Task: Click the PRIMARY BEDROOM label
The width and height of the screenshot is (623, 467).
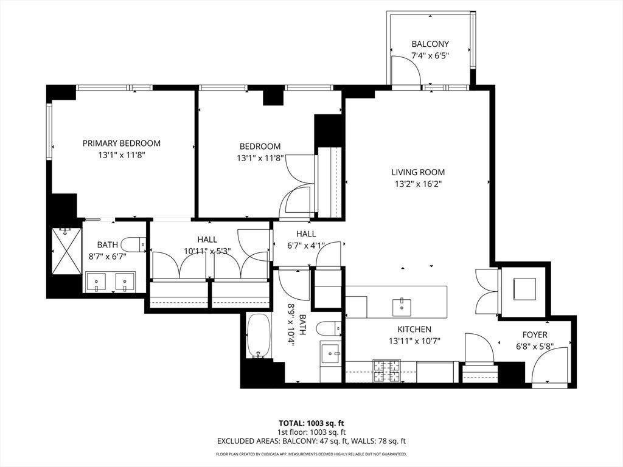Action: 122,144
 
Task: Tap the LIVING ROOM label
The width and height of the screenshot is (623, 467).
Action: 418,172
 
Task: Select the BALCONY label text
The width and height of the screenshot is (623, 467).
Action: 430,44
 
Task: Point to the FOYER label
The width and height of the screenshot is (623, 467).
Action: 535,335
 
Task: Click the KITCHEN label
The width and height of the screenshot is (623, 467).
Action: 414,330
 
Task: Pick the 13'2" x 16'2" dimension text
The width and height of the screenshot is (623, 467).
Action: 418,184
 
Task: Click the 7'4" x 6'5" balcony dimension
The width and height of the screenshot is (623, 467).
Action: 430,56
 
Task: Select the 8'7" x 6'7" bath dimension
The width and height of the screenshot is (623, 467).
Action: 107,257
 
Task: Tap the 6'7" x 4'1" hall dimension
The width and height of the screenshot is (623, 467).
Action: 306,246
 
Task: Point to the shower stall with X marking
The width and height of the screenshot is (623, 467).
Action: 66,251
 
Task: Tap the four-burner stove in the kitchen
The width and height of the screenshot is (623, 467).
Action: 386,371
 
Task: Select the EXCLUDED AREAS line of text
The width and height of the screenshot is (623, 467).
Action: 311,441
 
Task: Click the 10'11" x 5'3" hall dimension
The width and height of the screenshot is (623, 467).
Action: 207,251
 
